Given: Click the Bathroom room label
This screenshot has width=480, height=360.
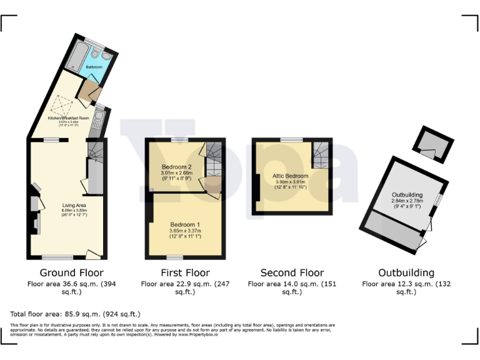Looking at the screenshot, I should point(94,66).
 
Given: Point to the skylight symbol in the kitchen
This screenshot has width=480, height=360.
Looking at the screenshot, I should point(61,104).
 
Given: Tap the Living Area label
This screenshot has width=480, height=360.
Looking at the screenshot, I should point(74,205).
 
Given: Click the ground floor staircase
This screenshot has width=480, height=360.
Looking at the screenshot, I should point(95,153).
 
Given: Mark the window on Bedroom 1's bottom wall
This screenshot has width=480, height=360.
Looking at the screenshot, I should point(175,257).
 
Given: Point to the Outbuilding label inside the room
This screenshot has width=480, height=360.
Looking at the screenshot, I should point(407,194).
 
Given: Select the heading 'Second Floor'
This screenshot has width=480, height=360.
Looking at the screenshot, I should point(292,272).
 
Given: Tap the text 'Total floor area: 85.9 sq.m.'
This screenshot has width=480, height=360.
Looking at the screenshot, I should point(75,313).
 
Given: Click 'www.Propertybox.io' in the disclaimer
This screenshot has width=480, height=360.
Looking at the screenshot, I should point(200,334).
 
